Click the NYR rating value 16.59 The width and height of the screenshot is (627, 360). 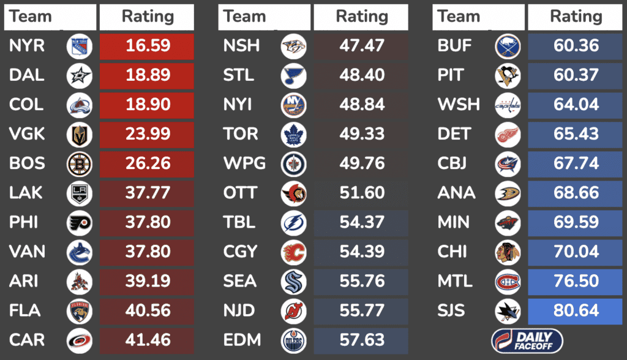(x=147, y=47)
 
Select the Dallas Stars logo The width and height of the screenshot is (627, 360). (x=79, y=76)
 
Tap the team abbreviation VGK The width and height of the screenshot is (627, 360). (x=26, y=134)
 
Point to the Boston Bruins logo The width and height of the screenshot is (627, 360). (x=79, y=164)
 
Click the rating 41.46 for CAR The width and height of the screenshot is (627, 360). (x=147, y=340)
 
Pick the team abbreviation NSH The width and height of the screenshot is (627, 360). (x=241, y=46)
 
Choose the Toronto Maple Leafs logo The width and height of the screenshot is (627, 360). (x=293, y=134)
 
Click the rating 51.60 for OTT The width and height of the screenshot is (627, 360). (x=361, y=193)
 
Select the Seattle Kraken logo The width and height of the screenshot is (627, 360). (x=293, y=282)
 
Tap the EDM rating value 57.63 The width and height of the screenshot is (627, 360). (x=361, y=340)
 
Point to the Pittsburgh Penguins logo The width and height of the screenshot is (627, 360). (x=508, y=76)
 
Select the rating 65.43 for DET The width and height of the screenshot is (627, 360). (x=576, y=134)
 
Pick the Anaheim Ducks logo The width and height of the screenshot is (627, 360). (x=508, y=193)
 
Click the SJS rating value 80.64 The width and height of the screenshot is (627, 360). (x=576, y=311)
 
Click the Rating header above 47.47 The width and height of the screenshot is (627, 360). (x=361, y=17)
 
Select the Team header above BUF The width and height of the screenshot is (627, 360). (x=459, y=17)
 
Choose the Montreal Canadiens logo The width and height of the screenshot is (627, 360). (x=508, y=282)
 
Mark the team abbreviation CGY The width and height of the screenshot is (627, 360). (x=240, y=252)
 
